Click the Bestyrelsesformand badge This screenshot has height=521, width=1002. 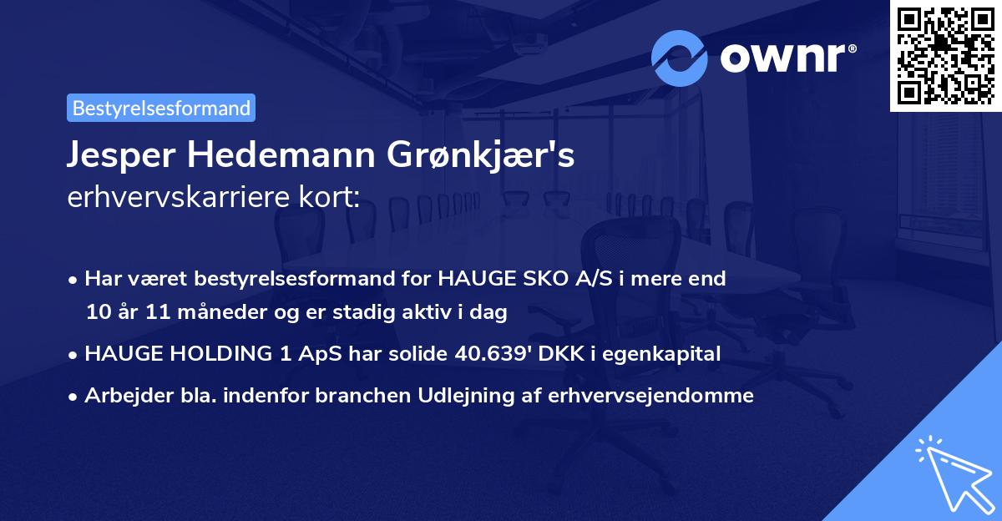coord(161,108)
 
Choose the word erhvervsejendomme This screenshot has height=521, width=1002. coord(651,396)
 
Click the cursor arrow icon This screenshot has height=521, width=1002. coord(952,473)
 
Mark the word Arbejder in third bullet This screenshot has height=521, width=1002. coord(124,396)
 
